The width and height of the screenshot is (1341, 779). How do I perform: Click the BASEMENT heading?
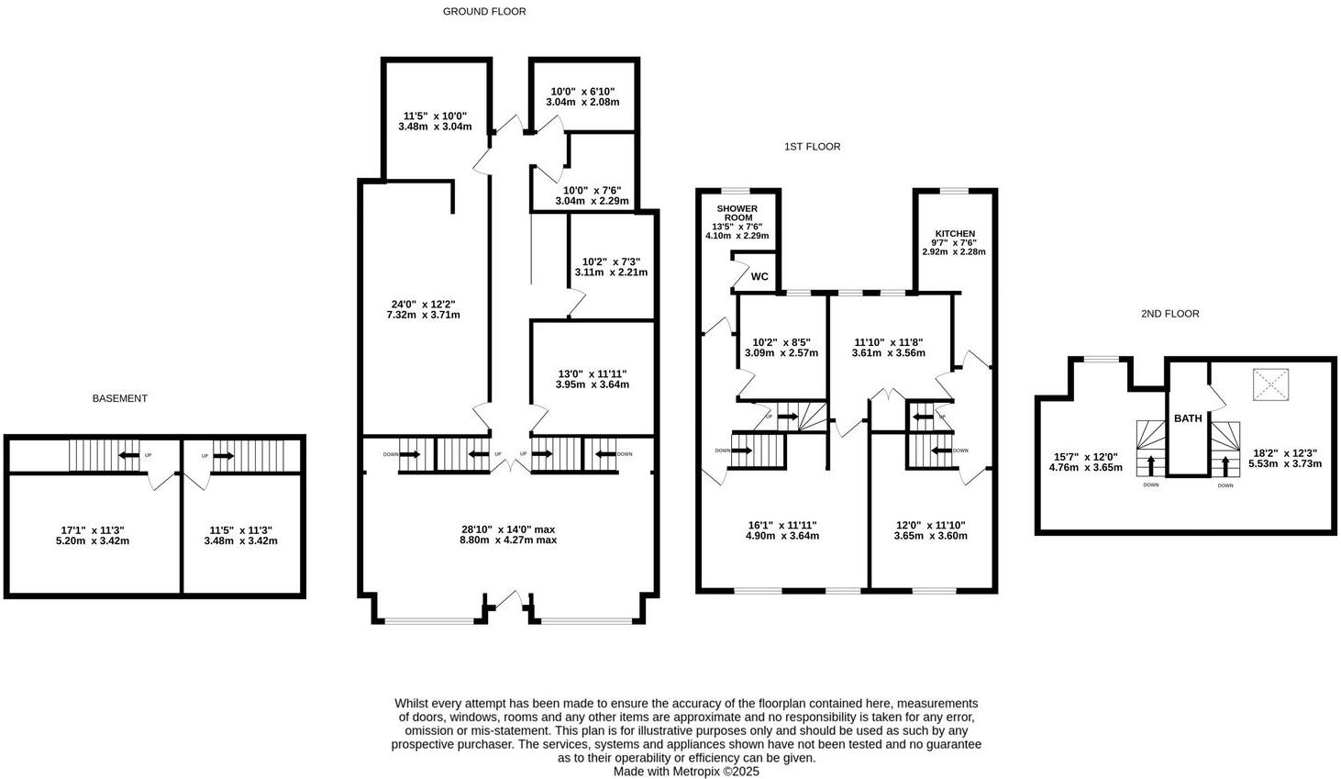(x=119, y=398)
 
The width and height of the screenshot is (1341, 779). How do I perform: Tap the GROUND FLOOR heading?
(x=484, y=12)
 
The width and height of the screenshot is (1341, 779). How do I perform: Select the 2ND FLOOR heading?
(x=1169, y=314)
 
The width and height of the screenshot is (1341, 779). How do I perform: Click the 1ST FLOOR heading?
(x=812, y=147)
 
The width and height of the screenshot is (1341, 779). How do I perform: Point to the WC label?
(x=759, y=277)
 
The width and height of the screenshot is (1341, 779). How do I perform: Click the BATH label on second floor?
(x=1188, y=418)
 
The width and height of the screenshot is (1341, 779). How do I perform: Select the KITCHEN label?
(x=955, y=234)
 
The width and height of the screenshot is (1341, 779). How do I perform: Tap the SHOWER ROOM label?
(x=737, y=214)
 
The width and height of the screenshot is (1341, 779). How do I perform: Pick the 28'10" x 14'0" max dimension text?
(x=508, y=529)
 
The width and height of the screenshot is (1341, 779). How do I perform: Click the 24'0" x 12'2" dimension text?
(x=423, y=305)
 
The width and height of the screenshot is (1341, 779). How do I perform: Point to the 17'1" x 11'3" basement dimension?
(x=93, y=529)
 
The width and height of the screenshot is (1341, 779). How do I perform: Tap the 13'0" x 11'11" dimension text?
(x=593, y=373)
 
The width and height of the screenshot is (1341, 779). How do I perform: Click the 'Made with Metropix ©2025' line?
(x=686, y=772)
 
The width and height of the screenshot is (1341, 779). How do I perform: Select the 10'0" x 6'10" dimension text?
(x=582, y=92)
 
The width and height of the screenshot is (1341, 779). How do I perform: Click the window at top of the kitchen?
(x=954, y=191)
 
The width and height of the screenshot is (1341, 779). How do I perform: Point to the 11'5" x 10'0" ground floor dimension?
(x=435, y=117)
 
